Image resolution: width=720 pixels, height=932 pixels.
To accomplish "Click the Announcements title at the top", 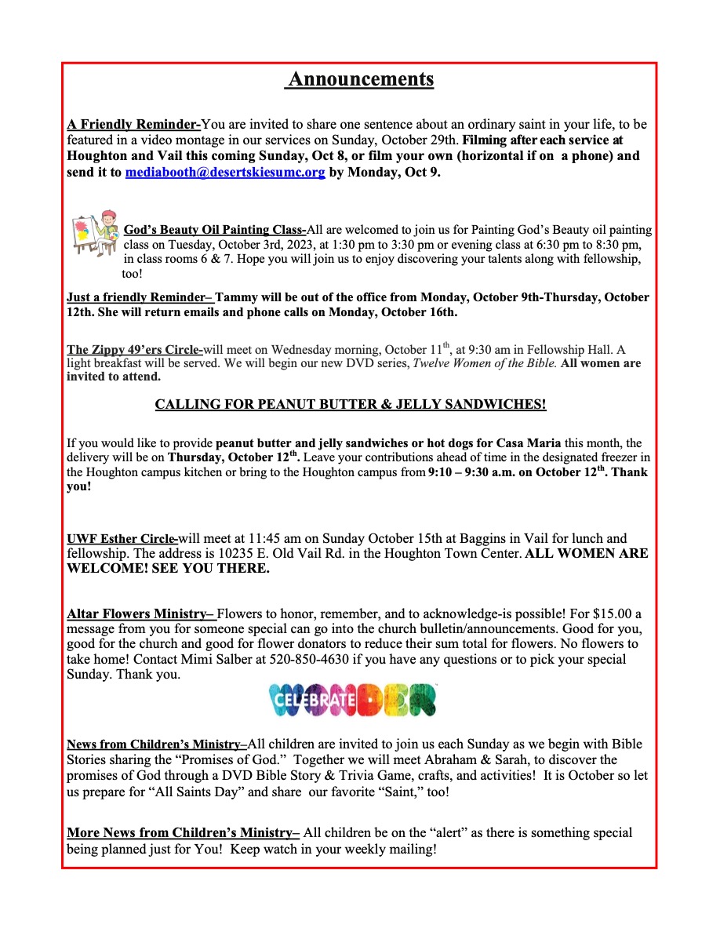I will pyautogui.click(x=359, y=80).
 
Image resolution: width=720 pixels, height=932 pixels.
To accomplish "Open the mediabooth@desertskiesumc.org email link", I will pyautogui.click(x=225, y=173).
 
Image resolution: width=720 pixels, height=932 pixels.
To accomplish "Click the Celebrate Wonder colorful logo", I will pyautogui.click(x=352, y=700).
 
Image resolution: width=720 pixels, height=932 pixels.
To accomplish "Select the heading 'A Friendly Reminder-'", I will pyautogui.click(x=133, y=124).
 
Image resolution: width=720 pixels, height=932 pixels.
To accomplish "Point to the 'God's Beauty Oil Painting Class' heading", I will pyautogui.click(x=214, y=230).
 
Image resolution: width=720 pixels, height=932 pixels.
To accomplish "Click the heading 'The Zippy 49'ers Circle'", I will pyautogui.click(x=134, y=350).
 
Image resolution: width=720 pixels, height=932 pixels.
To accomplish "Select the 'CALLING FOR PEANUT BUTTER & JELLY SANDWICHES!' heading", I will pyautogui.click(x=351, y=405).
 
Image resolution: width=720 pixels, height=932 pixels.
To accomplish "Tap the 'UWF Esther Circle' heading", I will pyautogui.click(x=122, y=539).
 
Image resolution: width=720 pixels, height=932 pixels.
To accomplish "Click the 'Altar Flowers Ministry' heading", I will pyautogui.click(x=140, y=613).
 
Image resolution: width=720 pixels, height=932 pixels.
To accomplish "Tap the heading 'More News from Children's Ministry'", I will pyautogui.click(x=183, y=832).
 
